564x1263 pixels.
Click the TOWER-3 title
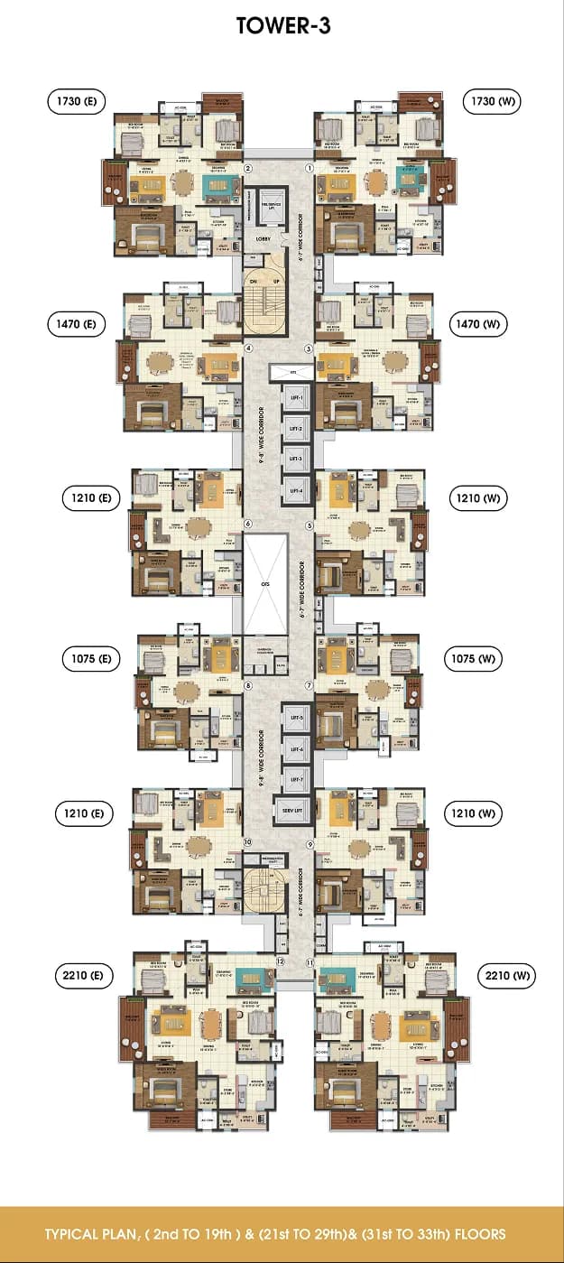282,26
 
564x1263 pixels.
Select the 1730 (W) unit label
491,101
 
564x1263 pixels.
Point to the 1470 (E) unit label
76,322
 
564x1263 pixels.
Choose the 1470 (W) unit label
483,322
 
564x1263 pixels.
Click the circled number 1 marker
309,168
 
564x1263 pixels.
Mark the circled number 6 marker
247,525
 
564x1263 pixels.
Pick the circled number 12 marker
281,962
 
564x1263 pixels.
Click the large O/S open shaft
265,583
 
